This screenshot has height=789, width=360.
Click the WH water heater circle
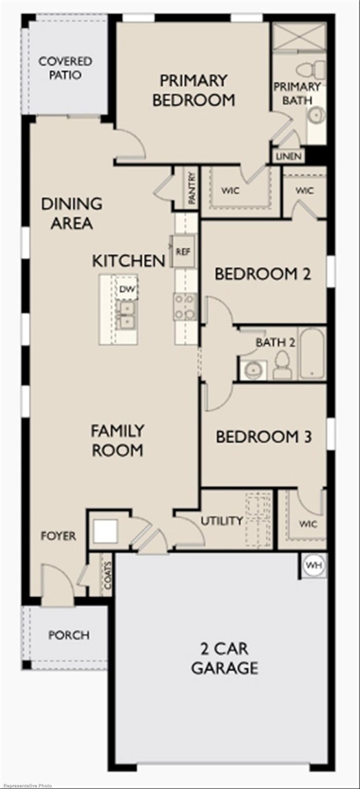313,565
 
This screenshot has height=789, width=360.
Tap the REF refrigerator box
183,252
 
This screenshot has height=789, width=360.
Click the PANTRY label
192,188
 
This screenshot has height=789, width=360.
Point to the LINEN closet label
289,156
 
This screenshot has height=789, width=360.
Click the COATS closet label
107,575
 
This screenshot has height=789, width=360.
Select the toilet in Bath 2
282,365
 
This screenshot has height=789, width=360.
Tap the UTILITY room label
222,520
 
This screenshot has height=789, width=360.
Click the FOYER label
58,536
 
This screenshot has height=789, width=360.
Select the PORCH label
69,635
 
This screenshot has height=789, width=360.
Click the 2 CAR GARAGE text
224,658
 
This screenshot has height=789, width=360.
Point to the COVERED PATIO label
65,68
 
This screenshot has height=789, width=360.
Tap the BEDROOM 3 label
263,437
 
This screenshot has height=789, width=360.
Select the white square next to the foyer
105,532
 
